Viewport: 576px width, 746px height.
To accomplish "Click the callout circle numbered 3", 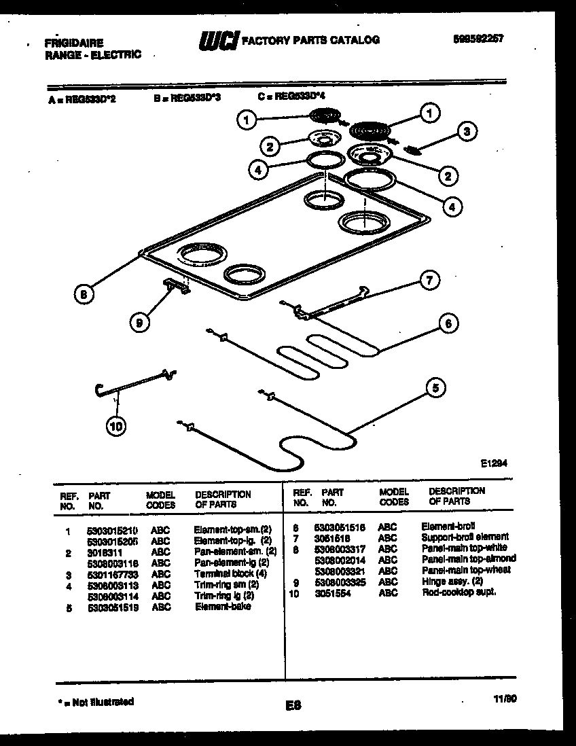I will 466,131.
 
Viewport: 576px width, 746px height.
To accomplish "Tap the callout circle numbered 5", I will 436,388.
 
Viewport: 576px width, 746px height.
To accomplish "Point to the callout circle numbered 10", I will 115,427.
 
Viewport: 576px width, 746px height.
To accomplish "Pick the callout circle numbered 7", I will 429,279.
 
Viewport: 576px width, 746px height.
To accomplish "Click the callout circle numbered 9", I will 139,323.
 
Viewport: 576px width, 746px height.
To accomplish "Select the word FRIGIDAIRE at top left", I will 74,43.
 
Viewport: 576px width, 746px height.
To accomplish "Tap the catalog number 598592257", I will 478,39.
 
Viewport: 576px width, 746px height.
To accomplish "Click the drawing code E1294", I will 494,463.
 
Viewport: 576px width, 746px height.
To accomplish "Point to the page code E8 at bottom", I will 293,705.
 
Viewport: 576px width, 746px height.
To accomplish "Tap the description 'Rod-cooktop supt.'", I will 458,592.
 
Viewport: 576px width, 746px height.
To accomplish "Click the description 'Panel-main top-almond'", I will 468,559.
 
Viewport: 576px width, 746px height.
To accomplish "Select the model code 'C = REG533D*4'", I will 291,97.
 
